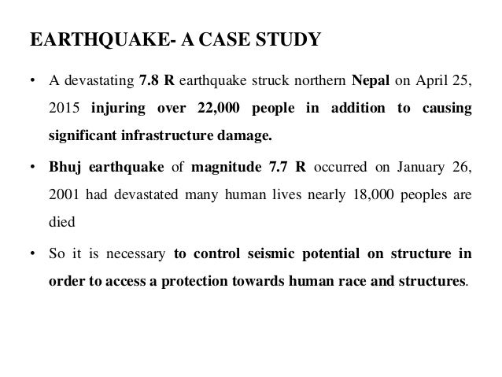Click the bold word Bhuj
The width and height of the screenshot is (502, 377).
tap(64, 168)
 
